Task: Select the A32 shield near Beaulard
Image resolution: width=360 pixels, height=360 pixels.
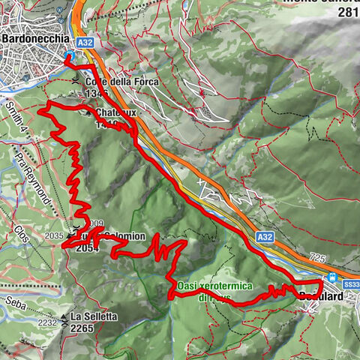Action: pos(264,235)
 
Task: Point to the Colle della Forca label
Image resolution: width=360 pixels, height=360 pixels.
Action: pos(114,82)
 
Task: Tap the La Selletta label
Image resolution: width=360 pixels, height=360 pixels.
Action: pos(94,316)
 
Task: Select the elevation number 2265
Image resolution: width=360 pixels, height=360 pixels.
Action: pos(85,327)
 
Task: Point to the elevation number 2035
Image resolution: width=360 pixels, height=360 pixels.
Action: pos(52,235)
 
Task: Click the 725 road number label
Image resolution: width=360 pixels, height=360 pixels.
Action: pos(317,257)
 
